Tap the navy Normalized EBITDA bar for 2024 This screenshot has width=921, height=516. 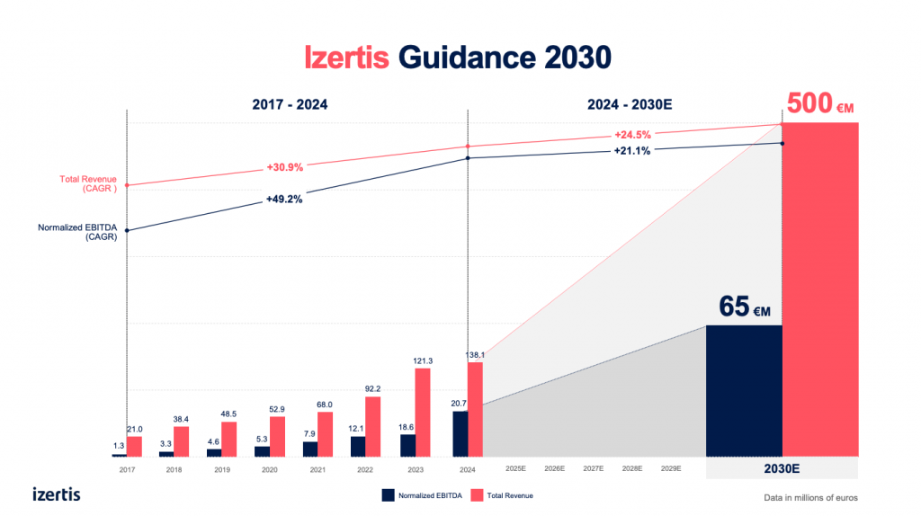coord(460,433)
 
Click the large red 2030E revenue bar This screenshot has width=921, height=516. coord(819,288)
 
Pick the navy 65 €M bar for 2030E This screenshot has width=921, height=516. coord(744,390)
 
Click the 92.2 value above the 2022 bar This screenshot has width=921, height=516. coord(372,389)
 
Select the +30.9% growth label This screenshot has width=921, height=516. coord(284,167)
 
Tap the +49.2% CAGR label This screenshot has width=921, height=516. coord(284,199)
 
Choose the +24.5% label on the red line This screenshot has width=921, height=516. coord(632,135)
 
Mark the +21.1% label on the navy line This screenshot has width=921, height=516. coord(632,151)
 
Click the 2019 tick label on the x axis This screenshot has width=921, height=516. coord(222,469)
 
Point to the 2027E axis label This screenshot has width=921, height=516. coord(594,469)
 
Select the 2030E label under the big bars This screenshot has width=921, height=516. coord(782,468)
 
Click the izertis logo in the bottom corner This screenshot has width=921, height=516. coord(57,494)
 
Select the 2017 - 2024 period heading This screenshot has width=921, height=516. coord(290,104)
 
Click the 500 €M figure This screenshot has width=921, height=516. coord(819,103)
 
